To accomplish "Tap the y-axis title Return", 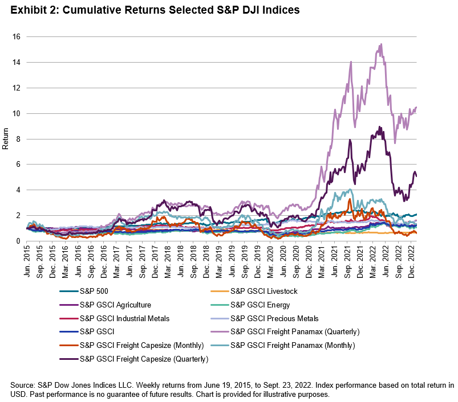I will [x=6, y=139].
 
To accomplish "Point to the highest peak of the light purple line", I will [x=380, y=44].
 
